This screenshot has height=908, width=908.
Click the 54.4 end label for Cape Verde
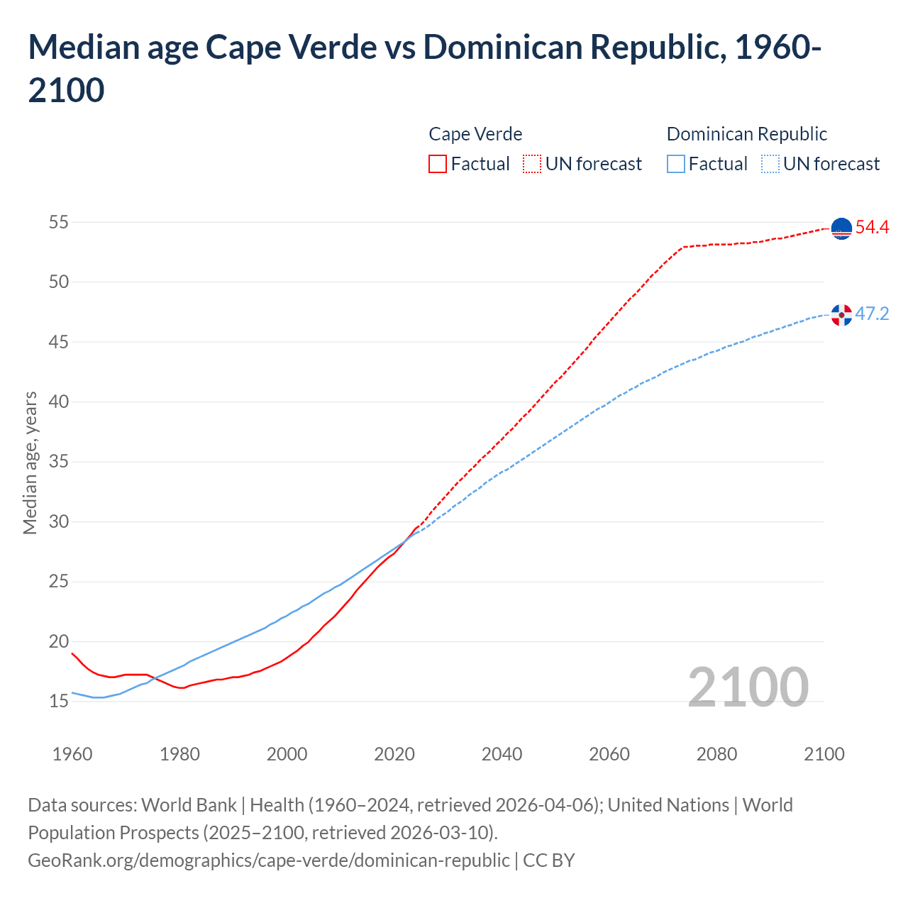tap(872, 227)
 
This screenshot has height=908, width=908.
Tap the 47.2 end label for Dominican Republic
tap(872, 314)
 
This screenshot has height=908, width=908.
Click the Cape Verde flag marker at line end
tap(841, 228)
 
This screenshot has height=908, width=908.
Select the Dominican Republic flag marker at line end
tap(841, 315)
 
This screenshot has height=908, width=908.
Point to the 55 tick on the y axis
tap(59, 222)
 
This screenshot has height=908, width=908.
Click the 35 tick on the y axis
tap(59, 462)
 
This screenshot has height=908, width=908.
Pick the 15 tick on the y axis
tap(59, 702)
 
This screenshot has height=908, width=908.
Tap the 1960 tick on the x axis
tap(72, 754)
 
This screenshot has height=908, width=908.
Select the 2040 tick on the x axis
tap(502, 754)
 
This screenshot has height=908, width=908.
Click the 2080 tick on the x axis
tap(716, 754)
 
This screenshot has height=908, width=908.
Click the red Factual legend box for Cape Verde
tap(438, 164)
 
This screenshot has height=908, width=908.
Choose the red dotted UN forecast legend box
tap(532, 164)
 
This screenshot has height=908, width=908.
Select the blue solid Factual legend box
tap(676, 164)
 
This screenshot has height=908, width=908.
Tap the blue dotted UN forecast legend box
tap(770, 164)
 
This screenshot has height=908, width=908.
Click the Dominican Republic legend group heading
tap(747, 134)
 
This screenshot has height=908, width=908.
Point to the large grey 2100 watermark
tap(748, 687)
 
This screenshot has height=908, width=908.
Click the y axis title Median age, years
tap(30, 463)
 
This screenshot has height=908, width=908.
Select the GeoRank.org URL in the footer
tap(268, 860)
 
